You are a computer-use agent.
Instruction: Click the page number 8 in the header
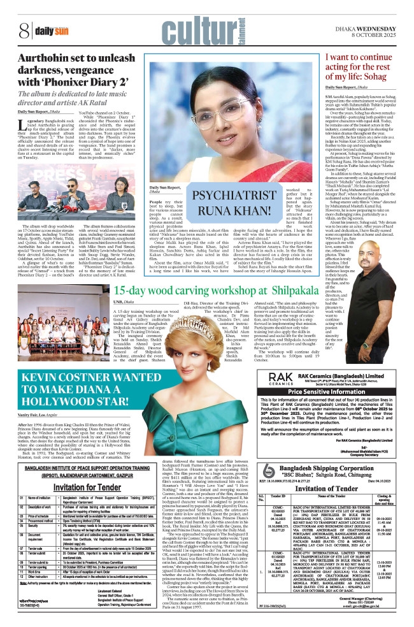coord(24,29)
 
